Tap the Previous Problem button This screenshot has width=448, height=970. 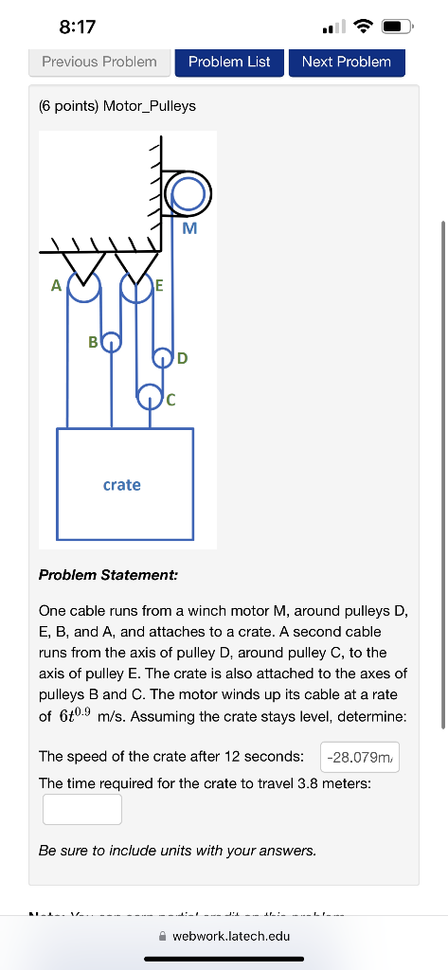point(99,62)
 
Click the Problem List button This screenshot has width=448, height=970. point(229,62)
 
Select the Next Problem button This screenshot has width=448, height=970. point(346,62)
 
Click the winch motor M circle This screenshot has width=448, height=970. point(188,194)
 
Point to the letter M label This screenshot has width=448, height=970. point(189,228)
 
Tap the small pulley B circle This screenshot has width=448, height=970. point(112,341)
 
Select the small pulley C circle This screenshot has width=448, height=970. point(149,394)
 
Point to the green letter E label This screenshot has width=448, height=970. point(159,284)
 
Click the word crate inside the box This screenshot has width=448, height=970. point(121,485)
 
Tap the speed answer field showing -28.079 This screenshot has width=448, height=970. point(360,757)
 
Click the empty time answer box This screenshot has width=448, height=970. point(81,809)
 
